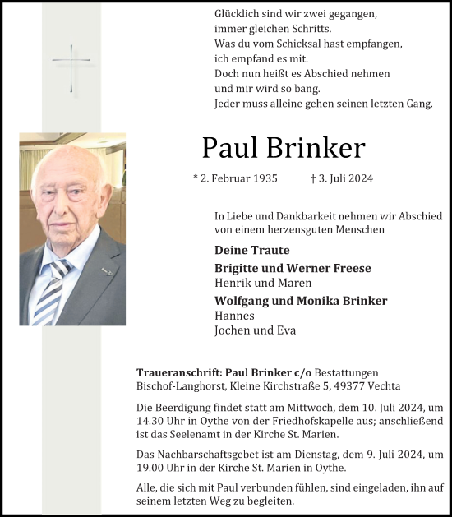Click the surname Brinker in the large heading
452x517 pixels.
(x=317, y=147)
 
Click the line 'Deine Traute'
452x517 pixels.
(x=251, y=250)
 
